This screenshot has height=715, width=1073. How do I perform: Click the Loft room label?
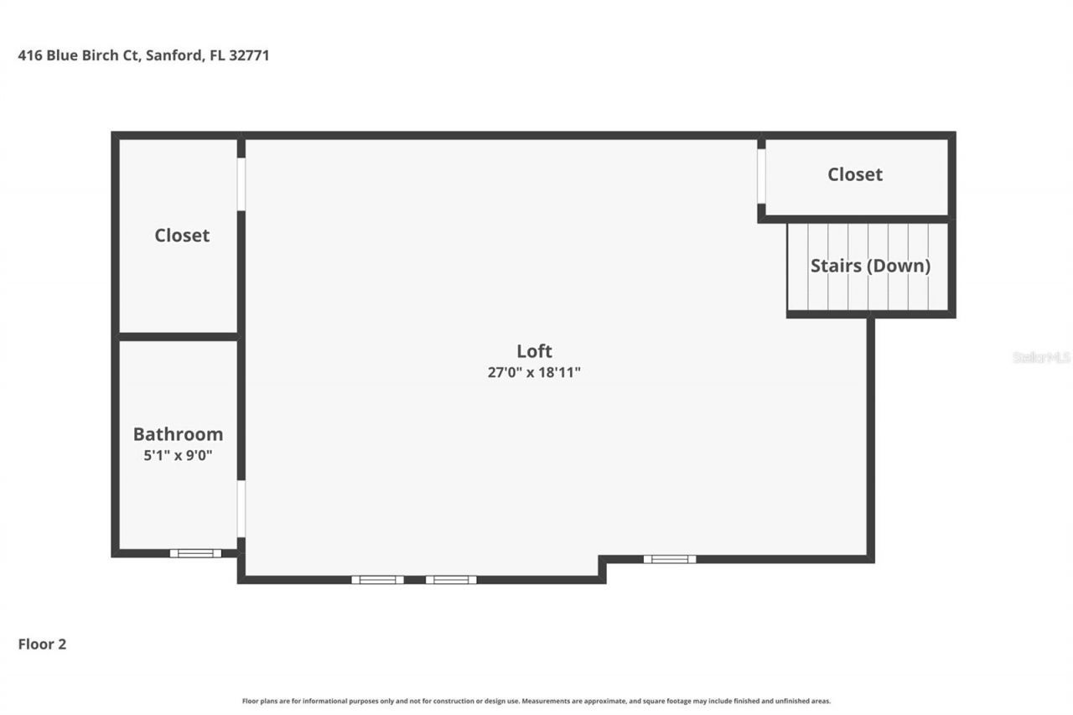[534, 351]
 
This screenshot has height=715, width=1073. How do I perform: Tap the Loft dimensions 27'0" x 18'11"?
[534, 373]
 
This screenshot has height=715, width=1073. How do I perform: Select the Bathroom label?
[178, 434]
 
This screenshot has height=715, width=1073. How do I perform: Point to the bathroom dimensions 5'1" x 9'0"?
[178, 456]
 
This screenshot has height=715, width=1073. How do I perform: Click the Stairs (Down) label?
[870, 266]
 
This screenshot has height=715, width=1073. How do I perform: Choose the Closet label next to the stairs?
[855, 174]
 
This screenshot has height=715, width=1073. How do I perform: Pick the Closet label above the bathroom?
[182, 236]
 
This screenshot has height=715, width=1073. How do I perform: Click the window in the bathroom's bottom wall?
[195, 553]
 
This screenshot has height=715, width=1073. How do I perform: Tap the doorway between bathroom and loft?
[241, 509]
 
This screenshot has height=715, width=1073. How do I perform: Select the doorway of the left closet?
[241, 184]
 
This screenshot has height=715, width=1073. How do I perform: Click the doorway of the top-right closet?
[761, 176]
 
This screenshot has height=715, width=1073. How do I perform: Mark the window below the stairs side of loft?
[669, 559]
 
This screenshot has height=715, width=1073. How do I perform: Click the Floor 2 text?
[42, 645]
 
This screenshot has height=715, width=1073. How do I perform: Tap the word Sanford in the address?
[173, 56]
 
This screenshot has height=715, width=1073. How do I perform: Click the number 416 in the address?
[29, 56]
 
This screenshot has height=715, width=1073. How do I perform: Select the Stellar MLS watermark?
[1041, 357]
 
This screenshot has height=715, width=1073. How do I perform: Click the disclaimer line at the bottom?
[536, 701]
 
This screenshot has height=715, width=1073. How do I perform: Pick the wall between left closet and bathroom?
[179, 337]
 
